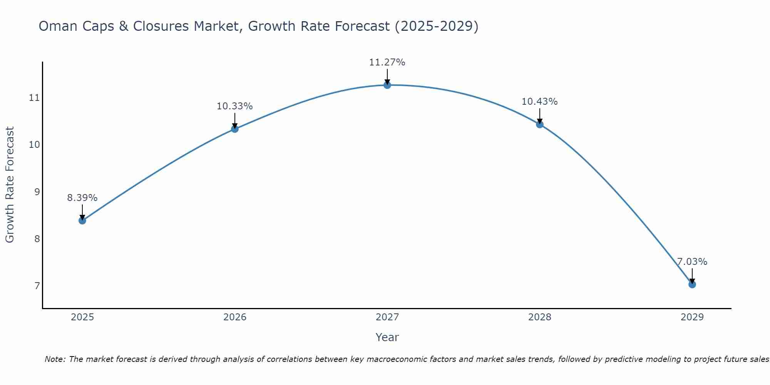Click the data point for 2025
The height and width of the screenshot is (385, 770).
(x=82, y=221)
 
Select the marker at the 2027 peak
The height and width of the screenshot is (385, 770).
(x=387, y=85)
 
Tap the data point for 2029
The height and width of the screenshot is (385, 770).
(x=692, y=285)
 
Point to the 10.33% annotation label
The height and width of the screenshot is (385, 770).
(x=234, y=106)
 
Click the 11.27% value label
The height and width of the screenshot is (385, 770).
(x=387, y=62)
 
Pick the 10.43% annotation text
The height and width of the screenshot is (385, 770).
(x=539, y=102)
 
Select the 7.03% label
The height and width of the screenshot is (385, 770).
(x=692, y=262)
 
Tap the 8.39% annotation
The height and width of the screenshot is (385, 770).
(x=82, y=198)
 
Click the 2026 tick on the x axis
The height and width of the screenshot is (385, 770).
(x=235, y=317)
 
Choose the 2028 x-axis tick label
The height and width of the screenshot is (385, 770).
(x=539, y=317)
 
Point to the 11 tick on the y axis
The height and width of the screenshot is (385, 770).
(x=34, y=98)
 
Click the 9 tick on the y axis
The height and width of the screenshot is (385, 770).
(x=37, y=192)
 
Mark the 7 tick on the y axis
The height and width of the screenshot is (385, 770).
(x=37, y=286)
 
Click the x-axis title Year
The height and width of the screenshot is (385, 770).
(x=387, y=337)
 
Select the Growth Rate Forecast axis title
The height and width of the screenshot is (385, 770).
(x=10, y=185)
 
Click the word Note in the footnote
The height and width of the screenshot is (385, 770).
(x=55, y=359)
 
